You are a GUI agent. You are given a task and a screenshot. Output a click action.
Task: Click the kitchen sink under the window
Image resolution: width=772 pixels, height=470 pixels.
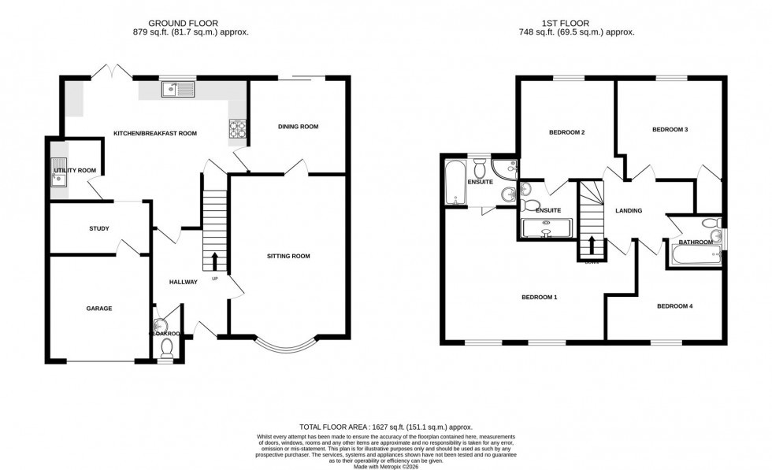pyautogui.click(x=177, y=90)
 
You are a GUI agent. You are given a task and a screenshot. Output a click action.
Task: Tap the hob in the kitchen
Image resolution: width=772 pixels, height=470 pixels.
pyautogui.click(x=237, y=128)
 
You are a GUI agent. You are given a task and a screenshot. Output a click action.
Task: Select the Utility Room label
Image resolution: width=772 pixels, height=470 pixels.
pyautogui.click(x=75, y=170)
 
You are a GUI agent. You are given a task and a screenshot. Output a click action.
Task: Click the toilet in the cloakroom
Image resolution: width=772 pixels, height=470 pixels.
pyautogui.click(x=166, y=353)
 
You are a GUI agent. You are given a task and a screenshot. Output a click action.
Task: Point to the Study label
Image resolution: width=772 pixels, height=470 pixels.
pyautogui.click(x=98, y=228)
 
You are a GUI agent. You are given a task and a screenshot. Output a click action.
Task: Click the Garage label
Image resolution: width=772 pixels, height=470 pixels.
pyautogui.click(x=99, y=308)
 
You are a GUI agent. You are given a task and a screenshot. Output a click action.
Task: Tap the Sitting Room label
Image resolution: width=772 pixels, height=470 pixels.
pyautogui.click(x=288, y=256)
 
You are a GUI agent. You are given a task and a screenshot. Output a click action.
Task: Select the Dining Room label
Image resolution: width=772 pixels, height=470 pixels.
pyautogui.click(x=299, y=126)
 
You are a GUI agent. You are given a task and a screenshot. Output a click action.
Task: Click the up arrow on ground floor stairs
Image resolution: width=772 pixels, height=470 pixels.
pyautogui.click(x=213, y=261)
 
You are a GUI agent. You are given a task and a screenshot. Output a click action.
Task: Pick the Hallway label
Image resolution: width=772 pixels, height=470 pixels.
pyautogui.click(x=183, y=281)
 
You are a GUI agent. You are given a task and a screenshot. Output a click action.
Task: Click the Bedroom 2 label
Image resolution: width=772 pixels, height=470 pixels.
pyautogui.click(x=566, y=132)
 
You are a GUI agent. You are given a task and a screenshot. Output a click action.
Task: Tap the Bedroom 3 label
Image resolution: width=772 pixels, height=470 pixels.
pyautogui.click(x=670, y=129)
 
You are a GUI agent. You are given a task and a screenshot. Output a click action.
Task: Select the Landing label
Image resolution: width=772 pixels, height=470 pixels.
pyautogui.click(x=629, y=210)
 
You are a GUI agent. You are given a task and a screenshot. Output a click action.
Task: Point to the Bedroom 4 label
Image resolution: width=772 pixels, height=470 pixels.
pyautogui.click(x=674, y=305)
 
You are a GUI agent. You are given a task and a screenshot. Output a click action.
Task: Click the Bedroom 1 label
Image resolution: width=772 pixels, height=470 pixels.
pyautogui.click(x=540, y=297)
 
